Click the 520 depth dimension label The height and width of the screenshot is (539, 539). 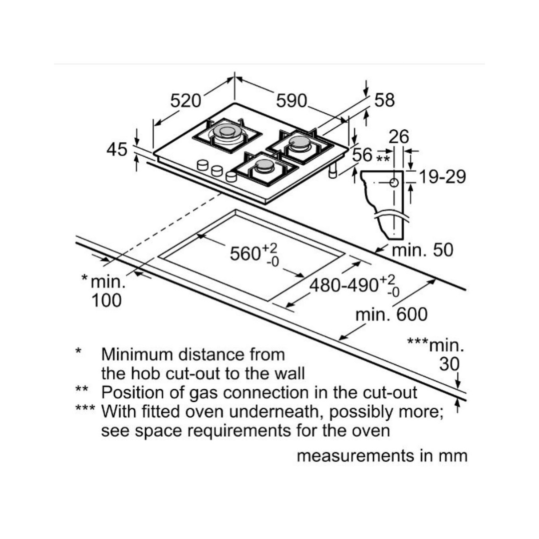[186, 101]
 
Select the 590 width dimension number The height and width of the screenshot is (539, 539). [291, 101]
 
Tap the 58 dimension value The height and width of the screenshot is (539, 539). [384, 100]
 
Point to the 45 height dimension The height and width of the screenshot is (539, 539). [117, 149]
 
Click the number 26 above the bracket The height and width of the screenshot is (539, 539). [399, 137]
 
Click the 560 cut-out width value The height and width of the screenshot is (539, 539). [246, 254]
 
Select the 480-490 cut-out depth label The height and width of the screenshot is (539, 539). [344, 285]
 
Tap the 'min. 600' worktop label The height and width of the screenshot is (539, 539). [391, 314]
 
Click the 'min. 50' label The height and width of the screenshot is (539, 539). [422, 250]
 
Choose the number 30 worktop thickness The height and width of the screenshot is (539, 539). [449, 364]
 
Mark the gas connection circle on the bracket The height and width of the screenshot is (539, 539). [394, 183]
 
